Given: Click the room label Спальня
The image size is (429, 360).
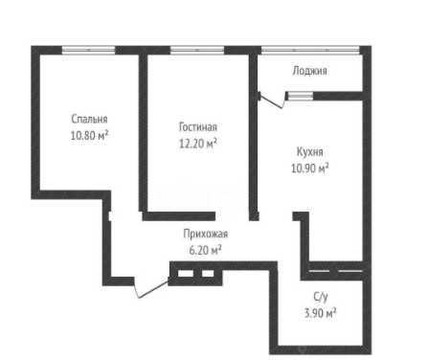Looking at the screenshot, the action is click(x=89, y=120).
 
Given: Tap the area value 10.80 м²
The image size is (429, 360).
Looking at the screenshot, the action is click(x=89, y=136).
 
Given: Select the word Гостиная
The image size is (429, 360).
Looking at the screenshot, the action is click(x=198, y=127).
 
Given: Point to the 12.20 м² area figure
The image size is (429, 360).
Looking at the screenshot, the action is click(x=198, y=144).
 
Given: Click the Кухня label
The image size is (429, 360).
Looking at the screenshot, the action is click(x=310, y=152).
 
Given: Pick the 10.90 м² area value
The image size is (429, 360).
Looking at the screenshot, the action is click(x=310, y=168).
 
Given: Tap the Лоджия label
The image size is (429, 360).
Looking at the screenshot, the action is click(x=309, y=71).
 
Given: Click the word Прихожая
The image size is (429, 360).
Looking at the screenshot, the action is click(x=206, y=234).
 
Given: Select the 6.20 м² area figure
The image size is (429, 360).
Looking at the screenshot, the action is click(x=206, y=250).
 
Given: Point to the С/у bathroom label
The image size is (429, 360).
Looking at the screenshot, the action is click(x=321, y=297).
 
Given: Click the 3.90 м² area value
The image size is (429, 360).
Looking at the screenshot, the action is click(x=321, y=313).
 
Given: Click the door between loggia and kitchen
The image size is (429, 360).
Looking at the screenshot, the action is click(x=272, y=101).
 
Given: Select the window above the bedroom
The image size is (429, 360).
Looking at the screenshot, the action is click(x=88, y=50).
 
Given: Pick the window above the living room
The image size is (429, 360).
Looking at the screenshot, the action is click(x=197, y=50).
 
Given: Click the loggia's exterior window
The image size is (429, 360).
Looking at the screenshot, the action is click(x=310, y=50).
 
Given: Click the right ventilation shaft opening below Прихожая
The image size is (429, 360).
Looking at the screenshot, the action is click(x=208, y=274).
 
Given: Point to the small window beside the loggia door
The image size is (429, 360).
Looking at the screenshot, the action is click(x=300, y=96).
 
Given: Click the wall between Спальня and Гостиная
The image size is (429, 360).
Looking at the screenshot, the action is click(x=143, y=133).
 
